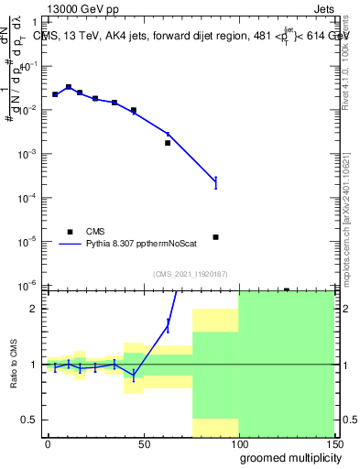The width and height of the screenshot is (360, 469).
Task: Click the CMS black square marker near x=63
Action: click(168, 143)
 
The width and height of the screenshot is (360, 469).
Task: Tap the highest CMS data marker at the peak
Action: click(69, 87)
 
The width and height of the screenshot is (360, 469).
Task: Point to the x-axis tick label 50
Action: click(143, 443)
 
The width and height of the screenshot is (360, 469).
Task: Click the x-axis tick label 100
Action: click(238, 443)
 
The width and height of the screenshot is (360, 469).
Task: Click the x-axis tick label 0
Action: click(48, 443)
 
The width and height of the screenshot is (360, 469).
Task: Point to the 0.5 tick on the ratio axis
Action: click(31, 420)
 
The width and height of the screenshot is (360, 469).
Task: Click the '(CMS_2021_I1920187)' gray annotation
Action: click(191, 273)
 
